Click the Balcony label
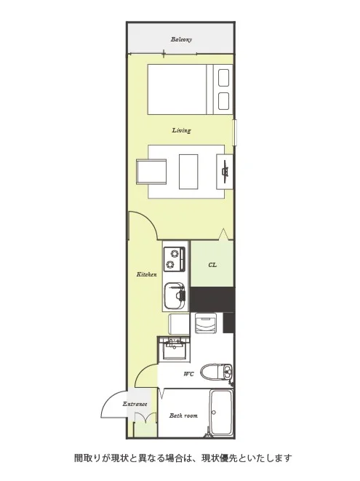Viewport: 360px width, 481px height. coord(181,39)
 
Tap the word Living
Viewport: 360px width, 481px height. coord(181,130)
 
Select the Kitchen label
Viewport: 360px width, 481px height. coord(147,274)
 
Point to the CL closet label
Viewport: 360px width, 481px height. coord(212,265)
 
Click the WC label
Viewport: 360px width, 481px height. coord(188,374)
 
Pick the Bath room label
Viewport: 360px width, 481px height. coord(183,416)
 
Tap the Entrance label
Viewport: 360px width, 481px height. coord(135,404)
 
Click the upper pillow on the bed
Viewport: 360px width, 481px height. coord(223,78)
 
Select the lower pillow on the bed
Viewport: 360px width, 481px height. coord(223,101)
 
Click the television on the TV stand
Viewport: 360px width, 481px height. coord(225,172)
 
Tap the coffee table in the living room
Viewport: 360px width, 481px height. coord(188,172)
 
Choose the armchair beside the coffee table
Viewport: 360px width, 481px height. coord(151,172)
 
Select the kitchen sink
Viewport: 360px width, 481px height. coord(175,296)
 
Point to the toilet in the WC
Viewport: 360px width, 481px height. coord(217,372)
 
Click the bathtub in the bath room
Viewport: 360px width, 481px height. coord(221,413)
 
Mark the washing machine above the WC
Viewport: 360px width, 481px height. coord(206,323)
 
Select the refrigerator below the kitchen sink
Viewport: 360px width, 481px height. coord(179,325)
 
